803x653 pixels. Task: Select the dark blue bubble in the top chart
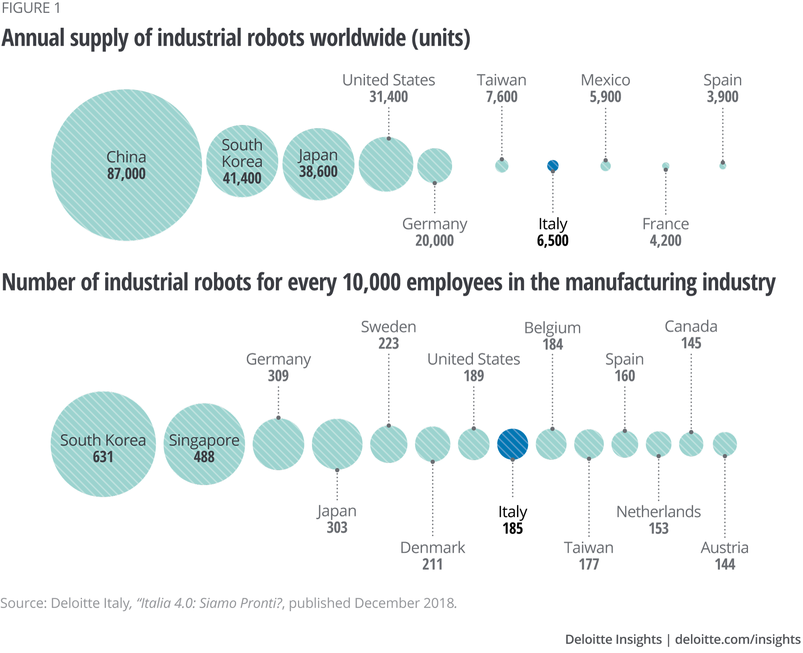click(x=553, y=166)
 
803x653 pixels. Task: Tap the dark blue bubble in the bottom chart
click(x=512, y=444)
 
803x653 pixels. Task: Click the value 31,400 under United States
click(x=388, y=97)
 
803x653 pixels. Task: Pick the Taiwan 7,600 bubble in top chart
click(x=502, y=166)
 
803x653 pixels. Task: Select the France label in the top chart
click(x=665, y=224)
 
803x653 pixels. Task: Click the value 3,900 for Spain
click(x=722, y=97)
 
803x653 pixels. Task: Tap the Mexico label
click(x=605, y=80)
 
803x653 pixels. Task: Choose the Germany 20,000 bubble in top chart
click(x=434, y=166)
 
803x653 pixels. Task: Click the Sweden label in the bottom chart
click(x=388, y=327)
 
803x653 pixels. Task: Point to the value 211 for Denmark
click(x=432, y=564)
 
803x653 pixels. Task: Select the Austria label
click(x=724, y=548)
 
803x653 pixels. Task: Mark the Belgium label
click(x=552, y=328)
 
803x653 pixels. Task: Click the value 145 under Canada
click(x=691, y=343)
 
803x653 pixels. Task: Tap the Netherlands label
click(x=658, y=512)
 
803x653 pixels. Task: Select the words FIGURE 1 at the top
click(x=31, y=8)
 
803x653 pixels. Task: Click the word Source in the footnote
click(x=23, y=603)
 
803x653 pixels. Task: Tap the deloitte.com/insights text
click(x=738, y=639)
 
